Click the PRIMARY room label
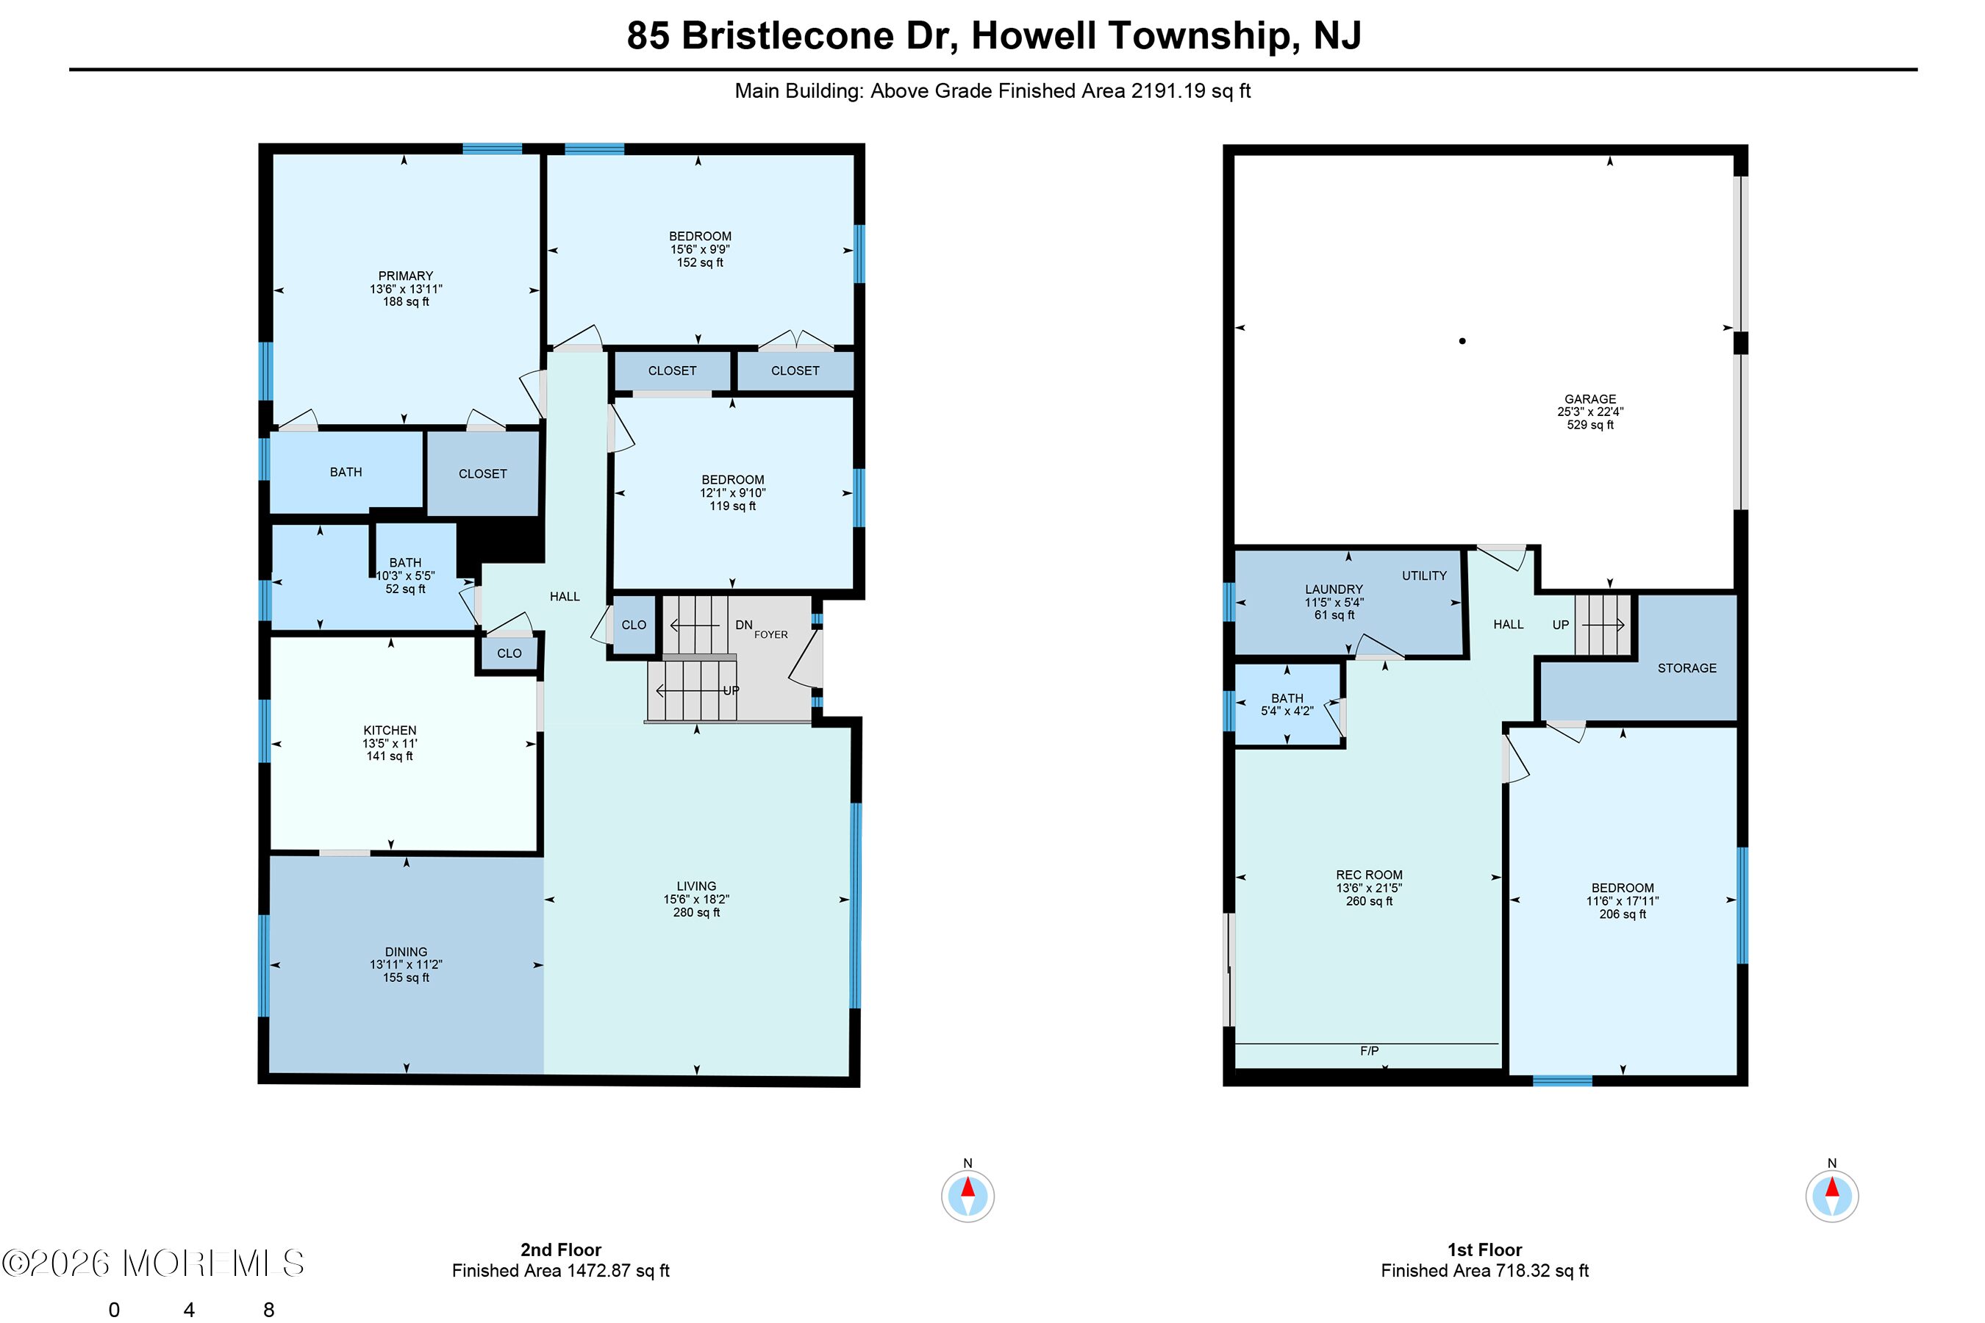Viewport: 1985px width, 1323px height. (x=405, y=276)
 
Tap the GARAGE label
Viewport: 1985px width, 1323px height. (x=1590, y=399)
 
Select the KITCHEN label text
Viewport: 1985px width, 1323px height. (x=390, y=730)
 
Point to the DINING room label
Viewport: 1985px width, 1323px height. (x=406, y=951)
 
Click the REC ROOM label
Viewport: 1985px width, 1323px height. (x=1369, y=875)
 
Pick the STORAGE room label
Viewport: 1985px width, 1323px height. (x=1687, y=668)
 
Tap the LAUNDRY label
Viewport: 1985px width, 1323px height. (x=1334, y=589)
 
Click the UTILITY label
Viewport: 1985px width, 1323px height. (x=1425, y=576)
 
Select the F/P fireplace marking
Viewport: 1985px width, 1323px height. (x=1369, y=1050)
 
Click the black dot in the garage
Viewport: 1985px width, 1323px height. (x=1462, y=341)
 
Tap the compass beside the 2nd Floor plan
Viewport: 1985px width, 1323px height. (x=968, y=1195)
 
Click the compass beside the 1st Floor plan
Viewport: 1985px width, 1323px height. (x=1832, y=1195)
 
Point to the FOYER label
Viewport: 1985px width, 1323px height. (x=770, y=634)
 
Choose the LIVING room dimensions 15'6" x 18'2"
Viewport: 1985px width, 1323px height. (x=696, y=899)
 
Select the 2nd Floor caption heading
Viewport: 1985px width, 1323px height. (x=561, y=1249)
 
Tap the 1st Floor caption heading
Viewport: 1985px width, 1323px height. (x=1484, y=1249)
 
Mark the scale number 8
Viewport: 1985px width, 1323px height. (x=269, y=1310)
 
